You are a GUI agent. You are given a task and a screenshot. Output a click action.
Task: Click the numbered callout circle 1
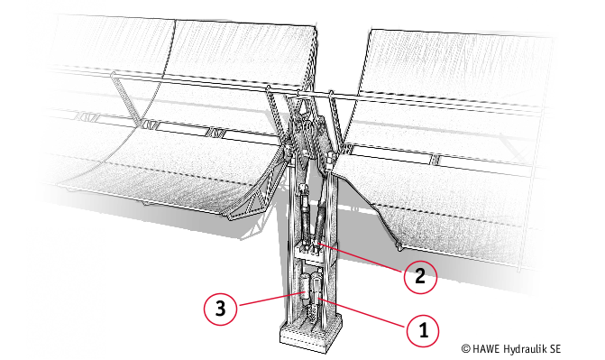pos(423,331)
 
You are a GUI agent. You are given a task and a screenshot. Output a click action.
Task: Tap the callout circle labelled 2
pos(420,277)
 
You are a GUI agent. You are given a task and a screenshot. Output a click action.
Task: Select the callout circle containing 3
pos(220,309)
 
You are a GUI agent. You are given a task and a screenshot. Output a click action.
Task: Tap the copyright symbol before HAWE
pos(466,349)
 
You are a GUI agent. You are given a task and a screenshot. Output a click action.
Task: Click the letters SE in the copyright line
pos(555,349)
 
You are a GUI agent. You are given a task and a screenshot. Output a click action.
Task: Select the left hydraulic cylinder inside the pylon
pos(305,212)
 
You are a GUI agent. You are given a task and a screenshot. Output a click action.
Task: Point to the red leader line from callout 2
pos(361,258)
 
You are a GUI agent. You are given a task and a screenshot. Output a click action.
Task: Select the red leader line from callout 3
pos(270,299)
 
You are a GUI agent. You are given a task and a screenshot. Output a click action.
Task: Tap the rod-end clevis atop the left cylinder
pos(304,190)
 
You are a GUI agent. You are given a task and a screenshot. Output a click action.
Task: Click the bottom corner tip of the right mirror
pos(399,247)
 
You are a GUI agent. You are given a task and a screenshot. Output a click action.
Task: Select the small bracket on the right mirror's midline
pos(436,159)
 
